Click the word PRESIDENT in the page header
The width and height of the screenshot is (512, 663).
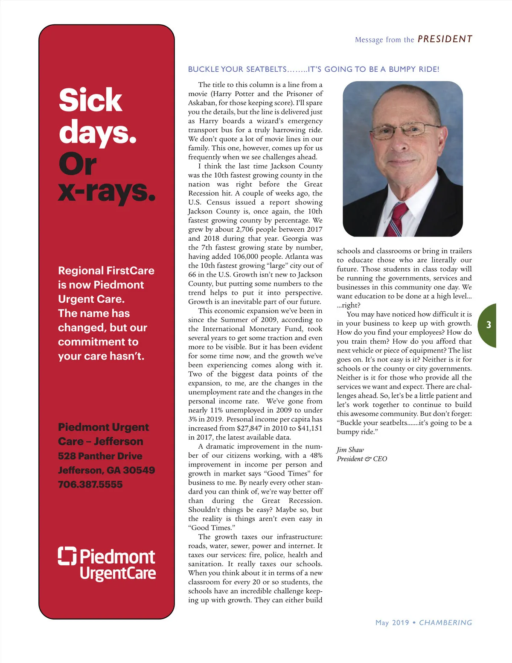tap(445, 39)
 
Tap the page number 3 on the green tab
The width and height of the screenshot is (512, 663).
tap(489, 325)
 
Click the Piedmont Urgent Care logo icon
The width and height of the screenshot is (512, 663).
tap(67, 555)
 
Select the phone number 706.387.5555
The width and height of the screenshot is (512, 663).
tap(90, 485)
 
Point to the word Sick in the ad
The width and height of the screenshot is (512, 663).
tap(90, 100)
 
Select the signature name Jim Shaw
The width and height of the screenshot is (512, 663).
tap(350, 450)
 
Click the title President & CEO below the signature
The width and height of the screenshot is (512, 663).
tap(362, 459)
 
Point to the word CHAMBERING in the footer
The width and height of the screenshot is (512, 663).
tap(445, 622)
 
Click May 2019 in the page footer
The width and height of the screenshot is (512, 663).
tap(392, 622)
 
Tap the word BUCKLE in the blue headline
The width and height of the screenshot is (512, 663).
tap(204, 69)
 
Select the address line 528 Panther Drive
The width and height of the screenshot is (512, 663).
tap(100, 456)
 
